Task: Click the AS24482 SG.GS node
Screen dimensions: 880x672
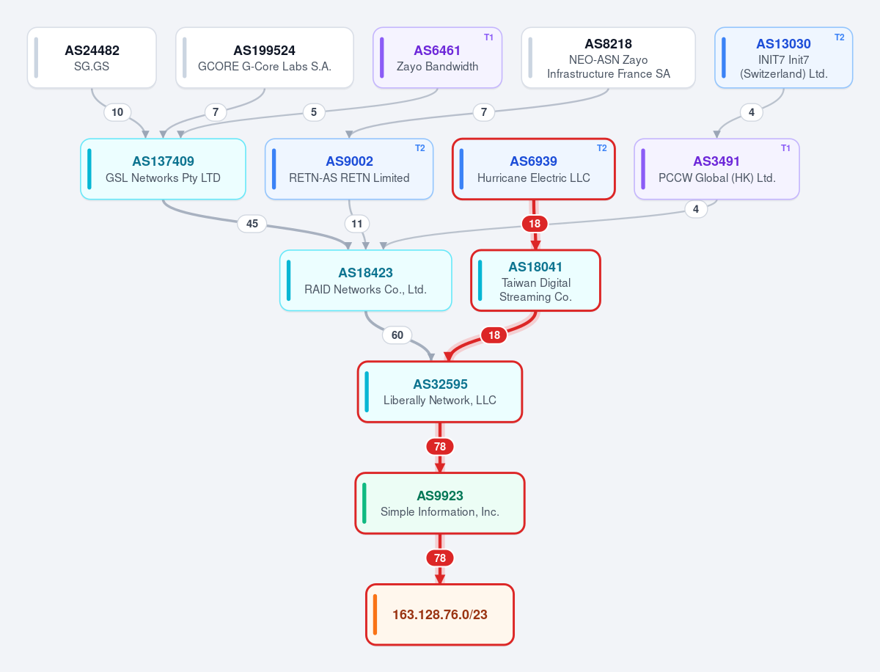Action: pos(92,58)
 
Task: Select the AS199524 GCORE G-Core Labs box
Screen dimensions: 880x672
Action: pos(265,58)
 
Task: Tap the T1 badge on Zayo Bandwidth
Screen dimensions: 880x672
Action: pos(488,37)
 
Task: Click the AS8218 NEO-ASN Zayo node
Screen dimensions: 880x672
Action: pos(608,58)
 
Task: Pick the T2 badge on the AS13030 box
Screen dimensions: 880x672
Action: pos(839,37)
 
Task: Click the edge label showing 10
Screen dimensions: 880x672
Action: pos(117,112)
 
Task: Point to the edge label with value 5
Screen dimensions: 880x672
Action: pos(314,112)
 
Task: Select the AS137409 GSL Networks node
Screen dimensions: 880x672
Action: pos(164,169)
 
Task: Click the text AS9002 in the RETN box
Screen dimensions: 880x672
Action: pos(349,161)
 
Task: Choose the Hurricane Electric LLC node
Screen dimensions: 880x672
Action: pos(534,169)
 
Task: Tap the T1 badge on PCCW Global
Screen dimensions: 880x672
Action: pos(785,148)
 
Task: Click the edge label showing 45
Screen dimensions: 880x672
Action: pos(252,224)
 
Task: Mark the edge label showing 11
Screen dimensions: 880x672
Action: pos(357,224)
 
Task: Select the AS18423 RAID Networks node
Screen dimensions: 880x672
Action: pos(366,281)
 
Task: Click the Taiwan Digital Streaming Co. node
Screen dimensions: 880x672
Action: pos(535,281)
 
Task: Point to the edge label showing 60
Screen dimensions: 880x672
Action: pos(397,335)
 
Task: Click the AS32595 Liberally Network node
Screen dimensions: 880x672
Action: pos(440,392)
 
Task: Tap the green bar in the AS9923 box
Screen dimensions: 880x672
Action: pos(364,503)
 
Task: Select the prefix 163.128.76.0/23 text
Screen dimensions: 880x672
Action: pos(440,615)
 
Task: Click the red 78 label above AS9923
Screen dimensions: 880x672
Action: pos(440,447)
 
